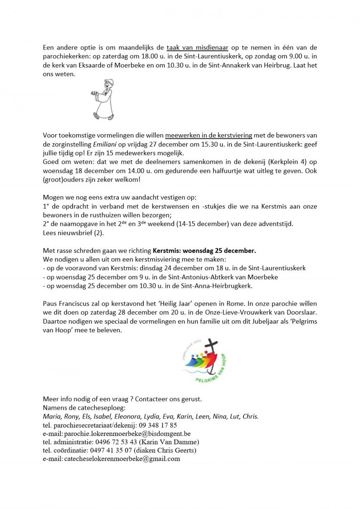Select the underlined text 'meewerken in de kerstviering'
(209, 135)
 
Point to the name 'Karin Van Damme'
(172, 442)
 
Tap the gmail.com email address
(122, 459)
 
